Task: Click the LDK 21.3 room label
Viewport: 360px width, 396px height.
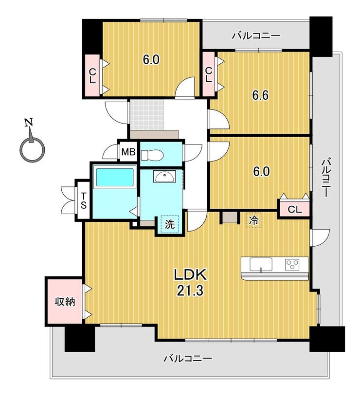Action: [x=190, y=282]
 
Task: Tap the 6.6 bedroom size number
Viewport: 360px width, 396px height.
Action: [x=260, y=95]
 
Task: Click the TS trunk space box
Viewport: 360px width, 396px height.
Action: [x=83, y=200]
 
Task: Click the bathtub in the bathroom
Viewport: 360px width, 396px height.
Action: [x=114, y=178]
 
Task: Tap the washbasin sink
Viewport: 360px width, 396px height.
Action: [x=165, y=176]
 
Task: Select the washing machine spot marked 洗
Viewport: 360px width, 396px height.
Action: [x=169, y=224]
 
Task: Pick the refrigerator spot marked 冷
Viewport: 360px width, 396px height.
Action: [x=253, y=220]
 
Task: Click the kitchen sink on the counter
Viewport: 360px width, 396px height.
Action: [x=261, y=265]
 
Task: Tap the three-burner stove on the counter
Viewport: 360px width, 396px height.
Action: [x=293, y=265]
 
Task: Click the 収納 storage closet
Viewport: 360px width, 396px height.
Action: [x=65, y=301]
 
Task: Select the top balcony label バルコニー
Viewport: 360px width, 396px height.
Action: [x=256, y=36]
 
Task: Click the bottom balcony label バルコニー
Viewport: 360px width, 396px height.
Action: [x=187, y=359]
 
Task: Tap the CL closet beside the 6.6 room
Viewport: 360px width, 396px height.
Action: [x=209, y=74]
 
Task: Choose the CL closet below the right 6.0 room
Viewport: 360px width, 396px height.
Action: [x=294, y=209]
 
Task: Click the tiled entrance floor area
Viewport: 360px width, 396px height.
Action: [x=147, y=115]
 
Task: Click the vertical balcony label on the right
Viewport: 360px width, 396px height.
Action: [x=325, y=177]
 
